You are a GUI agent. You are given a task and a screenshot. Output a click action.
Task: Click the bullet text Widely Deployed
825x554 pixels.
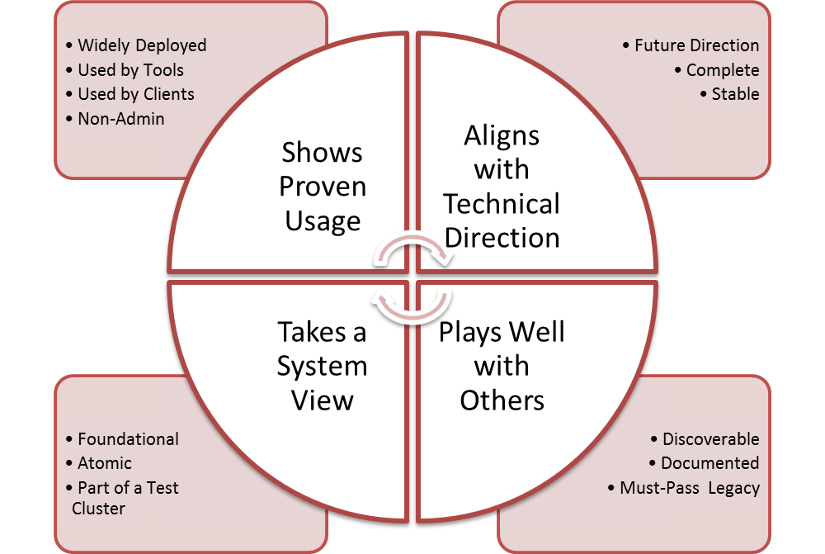pyautogui.click(x=142, y=45)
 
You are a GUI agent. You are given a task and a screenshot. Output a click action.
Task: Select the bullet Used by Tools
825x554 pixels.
pyautogui.click(x=130, y=70)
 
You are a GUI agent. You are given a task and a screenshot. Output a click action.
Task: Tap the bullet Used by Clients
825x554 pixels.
pyautogui.click(x=136, y=94)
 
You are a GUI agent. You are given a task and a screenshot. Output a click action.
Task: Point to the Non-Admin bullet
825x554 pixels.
pyautogui.click(x=120, y=119)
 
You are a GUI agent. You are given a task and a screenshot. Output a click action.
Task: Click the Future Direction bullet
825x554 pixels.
pyautogui.click(x=696, y=45)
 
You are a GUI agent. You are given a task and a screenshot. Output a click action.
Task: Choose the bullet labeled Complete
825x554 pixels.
pyautogui.click(x=723, y=70)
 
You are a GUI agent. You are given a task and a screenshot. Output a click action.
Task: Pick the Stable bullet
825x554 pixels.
pyautogui.click(x=735, y=94)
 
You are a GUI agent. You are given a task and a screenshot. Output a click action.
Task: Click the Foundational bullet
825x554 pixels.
pyautogui.click(x=128, y=439)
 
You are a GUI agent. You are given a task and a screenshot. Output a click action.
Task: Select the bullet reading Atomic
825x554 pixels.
pyautogui.click(x=105, y=463)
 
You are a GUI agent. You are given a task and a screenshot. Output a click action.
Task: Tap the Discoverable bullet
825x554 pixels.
pyautogui.click(x=710, y=439)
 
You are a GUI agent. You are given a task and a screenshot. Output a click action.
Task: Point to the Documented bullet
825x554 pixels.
pyautogui.click(x=709, y=463)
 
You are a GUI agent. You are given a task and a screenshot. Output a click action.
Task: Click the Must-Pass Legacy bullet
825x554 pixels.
pyautogui.click(x=689, y=488)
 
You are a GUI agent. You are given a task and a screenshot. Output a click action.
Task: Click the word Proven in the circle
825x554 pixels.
pyautogui.click(x=323, y=187)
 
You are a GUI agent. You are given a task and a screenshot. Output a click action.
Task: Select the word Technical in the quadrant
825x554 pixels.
pyautogui.click(x=502, y=204)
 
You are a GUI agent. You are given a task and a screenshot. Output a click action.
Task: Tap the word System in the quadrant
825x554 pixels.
pyautogui.click(x=323, y=367)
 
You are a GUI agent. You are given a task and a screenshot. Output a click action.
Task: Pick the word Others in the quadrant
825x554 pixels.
pyautogui.click(x=502, y=400)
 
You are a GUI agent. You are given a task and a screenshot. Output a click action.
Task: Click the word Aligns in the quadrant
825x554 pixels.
pyautogui.click(x=502, y=136)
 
